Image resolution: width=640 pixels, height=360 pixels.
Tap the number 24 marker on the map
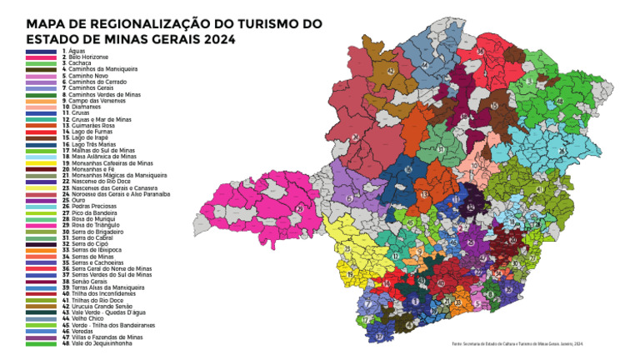356,137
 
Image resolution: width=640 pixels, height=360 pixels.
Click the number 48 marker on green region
559,102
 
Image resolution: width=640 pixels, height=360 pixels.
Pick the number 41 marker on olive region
539,189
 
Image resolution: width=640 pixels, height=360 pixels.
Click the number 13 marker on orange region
424,193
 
